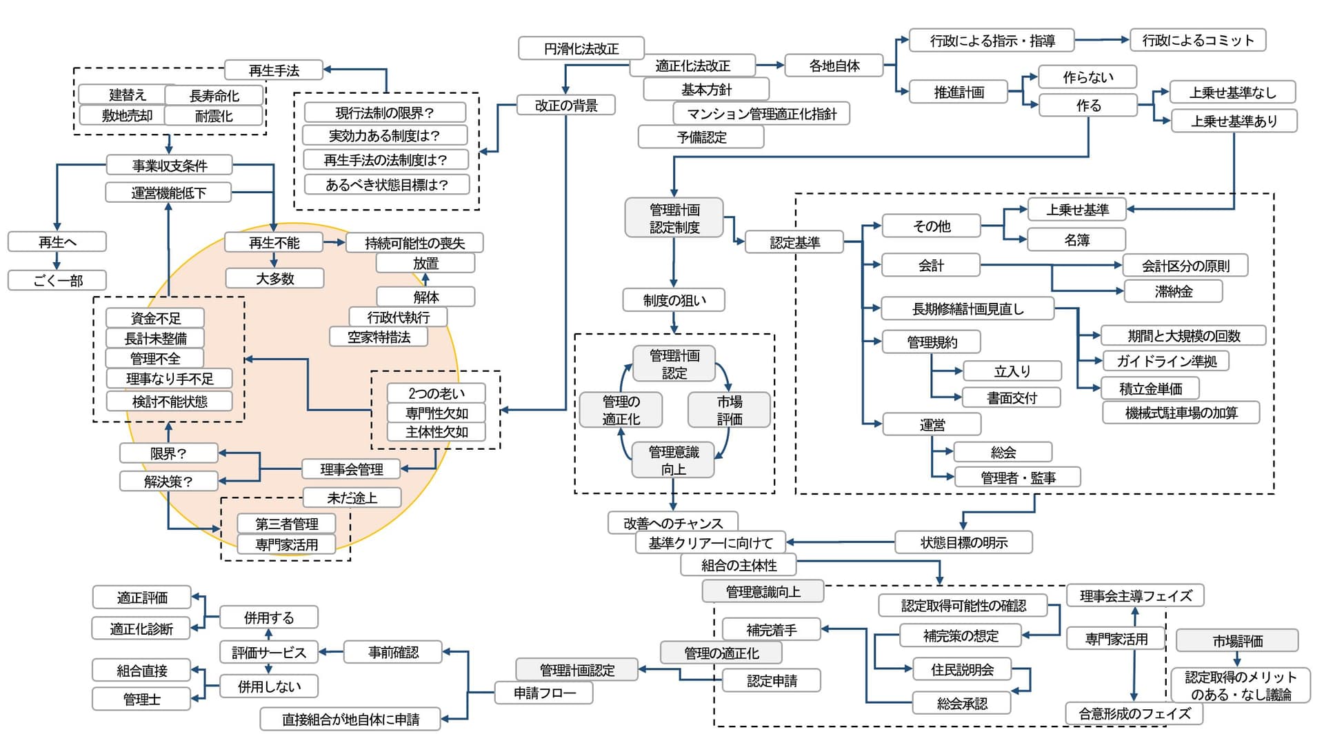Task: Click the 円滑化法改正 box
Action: (581, 48)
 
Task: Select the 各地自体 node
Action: (834, 66)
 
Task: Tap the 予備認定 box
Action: (701, 137)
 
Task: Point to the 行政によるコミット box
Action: (1197, 40)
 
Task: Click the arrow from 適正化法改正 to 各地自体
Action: (770, 66)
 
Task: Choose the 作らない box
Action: (1087, 77)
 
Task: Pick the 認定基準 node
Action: (794, 242)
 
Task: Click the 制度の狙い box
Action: (674, 300)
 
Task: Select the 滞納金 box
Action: (1173, 291)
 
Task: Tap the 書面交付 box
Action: (1012, 397)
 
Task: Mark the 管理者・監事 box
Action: (1017, 477)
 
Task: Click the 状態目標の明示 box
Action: (963, 542)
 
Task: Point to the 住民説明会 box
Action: (962, 669)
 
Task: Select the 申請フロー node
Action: (543, 693)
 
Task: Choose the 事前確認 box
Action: (393, 652)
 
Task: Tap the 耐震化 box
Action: (214, 116)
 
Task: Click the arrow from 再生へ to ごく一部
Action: (57, 261)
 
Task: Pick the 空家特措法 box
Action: (379, 337)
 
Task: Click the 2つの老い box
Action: (436, 393)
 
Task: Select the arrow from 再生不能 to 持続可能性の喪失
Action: (334, 242)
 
